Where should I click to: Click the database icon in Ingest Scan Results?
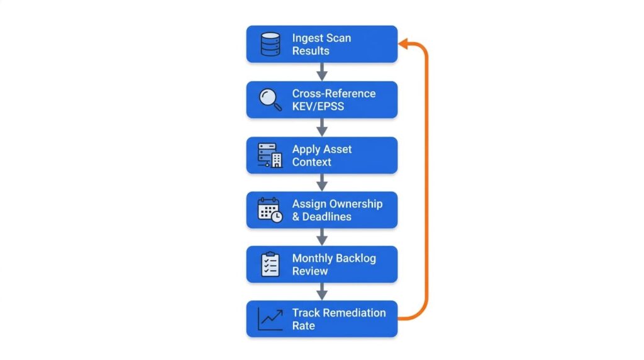tap(270, 44)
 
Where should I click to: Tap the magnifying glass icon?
tap(270, 99)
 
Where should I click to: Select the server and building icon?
tap(270, 155)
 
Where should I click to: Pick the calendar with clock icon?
tap(270, 210)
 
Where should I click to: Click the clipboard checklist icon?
tap(270, 264)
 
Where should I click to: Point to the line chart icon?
tap(270, 318)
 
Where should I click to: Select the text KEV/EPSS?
tap(318, 106)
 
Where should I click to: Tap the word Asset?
tap(339, 149)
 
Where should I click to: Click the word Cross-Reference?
tap(334, 94)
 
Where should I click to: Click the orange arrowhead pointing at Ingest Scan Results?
tap(404, 43)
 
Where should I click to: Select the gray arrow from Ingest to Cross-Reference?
tap(322, 72)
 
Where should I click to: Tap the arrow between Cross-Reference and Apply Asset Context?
tap(322, 127)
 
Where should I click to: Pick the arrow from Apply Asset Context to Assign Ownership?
tap(322, 183)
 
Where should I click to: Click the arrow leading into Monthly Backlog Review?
tap(322, 237)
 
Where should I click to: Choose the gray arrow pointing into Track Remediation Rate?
tap(322, 291)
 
